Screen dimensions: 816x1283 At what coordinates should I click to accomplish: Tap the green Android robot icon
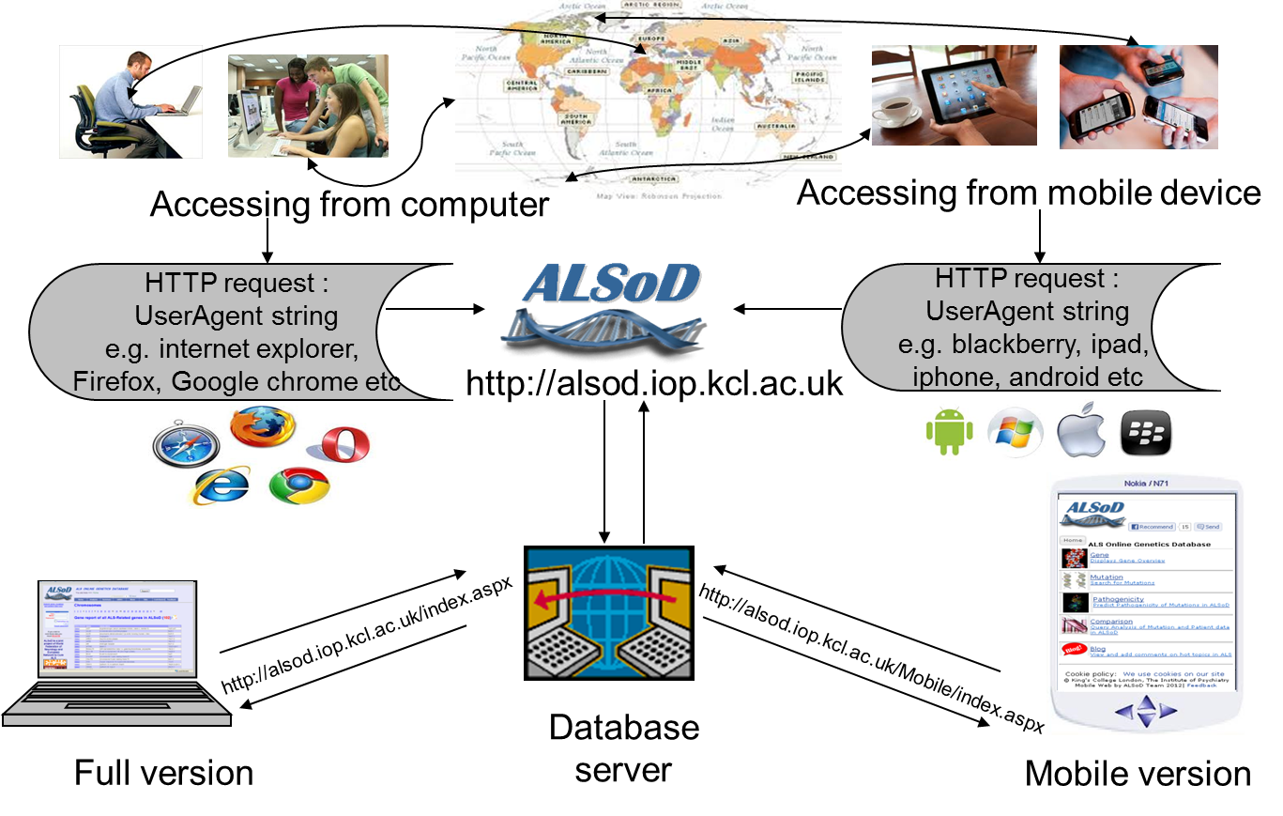click(946, 432)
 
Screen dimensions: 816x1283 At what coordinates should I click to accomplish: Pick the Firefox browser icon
click(263, 428)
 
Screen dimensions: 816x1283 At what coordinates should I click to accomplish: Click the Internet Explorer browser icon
click(221, 485)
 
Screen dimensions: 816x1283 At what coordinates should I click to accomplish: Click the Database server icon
click(609, 613)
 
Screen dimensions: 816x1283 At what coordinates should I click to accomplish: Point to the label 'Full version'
click(164, 773)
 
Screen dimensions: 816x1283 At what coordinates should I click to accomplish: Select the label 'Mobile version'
click(1138, 774)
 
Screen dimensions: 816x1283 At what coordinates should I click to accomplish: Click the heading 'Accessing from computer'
click(349, 204)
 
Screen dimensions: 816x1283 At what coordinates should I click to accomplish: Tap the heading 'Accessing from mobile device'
click(1029, 192)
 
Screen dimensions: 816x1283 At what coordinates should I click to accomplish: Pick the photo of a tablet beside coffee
click(954, 96)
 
